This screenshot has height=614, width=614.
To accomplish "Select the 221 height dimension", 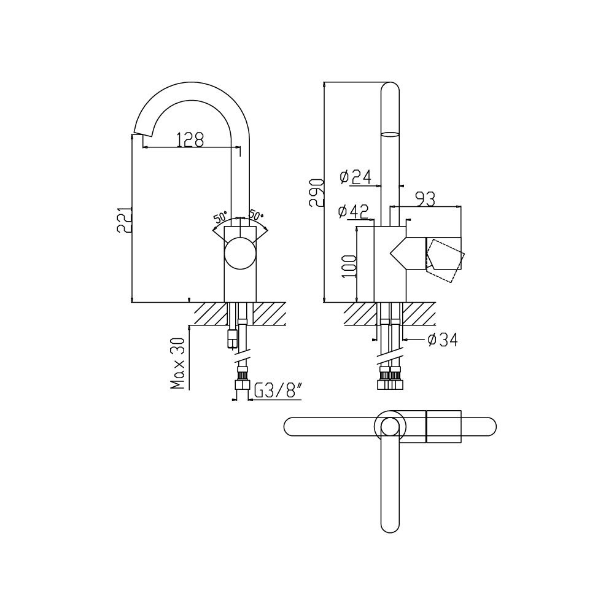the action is click(x=124, y=220).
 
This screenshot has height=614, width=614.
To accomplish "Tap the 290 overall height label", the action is click(x=316, y=193).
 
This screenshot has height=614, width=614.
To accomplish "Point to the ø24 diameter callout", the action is click(x=355, y=177).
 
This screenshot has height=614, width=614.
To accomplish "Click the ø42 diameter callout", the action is click(x=354, y=212).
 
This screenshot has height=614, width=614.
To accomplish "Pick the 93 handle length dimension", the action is click(x=426, y=200).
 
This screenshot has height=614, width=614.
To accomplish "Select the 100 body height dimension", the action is click(x=349, y=266).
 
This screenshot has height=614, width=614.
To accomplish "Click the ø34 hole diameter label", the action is click(x=443, y=340).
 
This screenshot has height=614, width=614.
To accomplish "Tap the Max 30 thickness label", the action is click(x=178, y=363).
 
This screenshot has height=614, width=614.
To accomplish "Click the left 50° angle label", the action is click(x=220, y=217).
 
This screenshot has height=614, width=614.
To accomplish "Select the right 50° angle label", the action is click(x=257, y=215).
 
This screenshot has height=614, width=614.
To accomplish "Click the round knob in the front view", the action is click(x=240, y=253).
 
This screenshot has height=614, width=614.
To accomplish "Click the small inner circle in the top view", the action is click(x=390, y=426).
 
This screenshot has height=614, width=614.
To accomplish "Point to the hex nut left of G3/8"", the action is click(x=242, y=384).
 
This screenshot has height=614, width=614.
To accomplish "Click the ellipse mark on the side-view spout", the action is click(x=390, y=134).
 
